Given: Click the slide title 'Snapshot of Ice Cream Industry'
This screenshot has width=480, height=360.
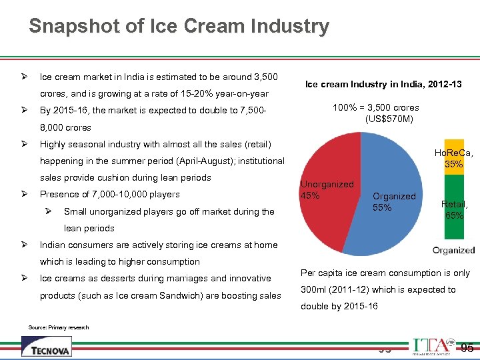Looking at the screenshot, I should point(179,26).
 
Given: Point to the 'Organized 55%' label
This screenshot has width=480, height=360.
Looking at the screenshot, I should point(393,202).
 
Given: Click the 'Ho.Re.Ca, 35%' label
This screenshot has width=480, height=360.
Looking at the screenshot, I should point(454,158).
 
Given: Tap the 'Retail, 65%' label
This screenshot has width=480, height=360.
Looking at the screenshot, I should point(454,210).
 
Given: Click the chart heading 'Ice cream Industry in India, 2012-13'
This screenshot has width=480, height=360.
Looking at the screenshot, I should point(383,85).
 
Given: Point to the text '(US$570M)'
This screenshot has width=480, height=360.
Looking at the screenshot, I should point(389,119).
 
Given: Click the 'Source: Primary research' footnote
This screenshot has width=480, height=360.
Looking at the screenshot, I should point(59,327).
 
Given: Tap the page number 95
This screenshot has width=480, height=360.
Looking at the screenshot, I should point(467,347).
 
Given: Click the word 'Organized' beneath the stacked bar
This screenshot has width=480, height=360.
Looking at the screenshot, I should point(453,251).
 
